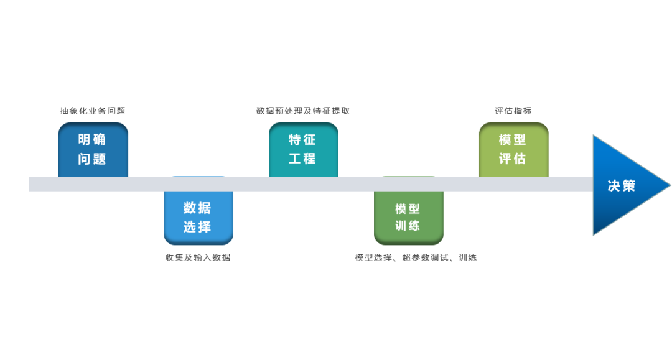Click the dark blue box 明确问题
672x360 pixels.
click(93, 150)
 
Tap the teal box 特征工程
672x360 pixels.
click(304, 150)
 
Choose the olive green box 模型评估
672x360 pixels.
click(514, 150)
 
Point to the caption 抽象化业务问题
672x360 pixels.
click(93, 111)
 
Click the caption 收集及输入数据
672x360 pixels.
click(198, 257)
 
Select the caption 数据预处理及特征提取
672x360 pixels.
click(303, 111)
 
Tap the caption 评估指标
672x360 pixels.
click(513, 111)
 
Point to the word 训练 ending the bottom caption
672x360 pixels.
click(467, 257)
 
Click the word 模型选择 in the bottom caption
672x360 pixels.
click(373, 257)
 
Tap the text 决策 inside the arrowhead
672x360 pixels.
click(622, 186)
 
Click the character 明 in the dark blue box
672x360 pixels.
click(85, 139)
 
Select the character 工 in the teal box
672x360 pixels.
click(295, 159)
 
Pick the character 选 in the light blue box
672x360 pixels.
click(190, 226)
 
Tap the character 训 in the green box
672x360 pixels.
click(401, 226)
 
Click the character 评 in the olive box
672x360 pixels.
click(505, 159)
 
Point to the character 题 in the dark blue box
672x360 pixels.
click(100, 159)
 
